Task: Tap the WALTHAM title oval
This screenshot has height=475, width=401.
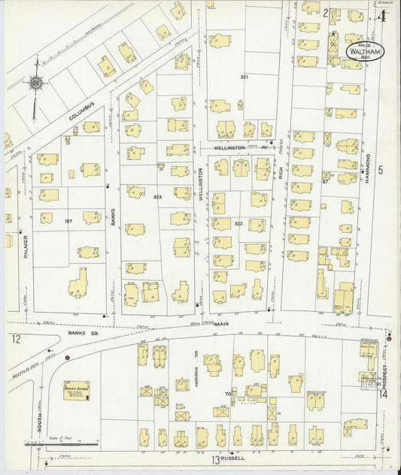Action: [363, 51]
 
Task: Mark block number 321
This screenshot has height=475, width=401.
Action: [244, 77]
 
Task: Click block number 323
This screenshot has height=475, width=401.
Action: [157, 197]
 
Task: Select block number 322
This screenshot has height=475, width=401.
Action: [238, 223]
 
